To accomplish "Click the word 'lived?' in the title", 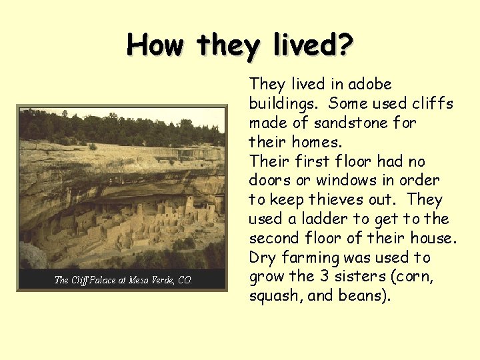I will click(313, 45).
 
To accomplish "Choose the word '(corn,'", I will click(413, 277).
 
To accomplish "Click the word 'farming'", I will click(305, 257).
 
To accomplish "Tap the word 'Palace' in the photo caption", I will click(103, 280).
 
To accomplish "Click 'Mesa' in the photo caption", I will click(141, 280).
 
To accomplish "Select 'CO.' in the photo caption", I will click(184, 280).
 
